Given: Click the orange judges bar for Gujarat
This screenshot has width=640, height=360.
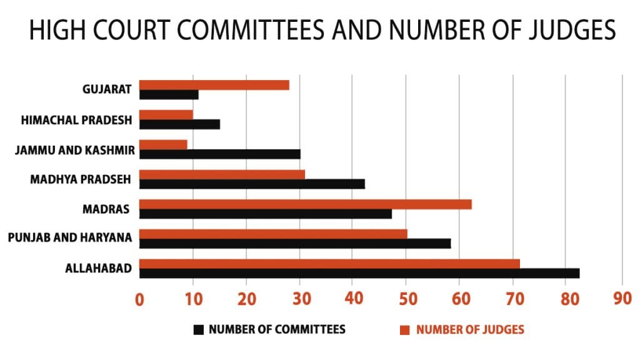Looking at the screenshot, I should (x=214, y=85).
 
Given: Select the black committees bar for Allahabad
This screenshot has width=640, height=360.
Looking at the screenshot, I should (x=359, y=273).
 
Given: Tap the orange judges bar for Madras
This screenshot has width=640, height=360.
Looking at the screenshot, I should (x=305, y=204).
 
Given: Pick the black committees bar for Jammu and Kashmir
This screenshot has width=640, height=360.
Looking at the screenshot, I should (x=219, y=154).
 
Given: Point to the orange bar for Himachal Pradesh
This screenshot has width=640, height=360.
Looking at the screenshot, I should (x=166, y=115).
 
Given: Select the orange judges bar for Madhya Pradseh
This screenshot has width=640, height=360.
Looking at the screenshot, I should (x=222, y=174).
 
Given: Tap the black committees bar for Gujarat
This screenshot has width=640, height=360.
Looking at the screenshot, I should (x=169, y=95).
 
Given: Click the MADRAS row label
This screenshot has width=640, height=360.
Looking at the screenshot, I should (x=106, y=209).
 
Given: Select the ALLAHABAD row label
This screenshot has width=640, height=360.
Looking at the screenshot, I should (x=98, y=269).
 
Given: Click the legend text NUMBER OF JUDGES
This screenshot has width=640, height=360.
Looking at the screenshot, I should (x=470, y=329).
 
